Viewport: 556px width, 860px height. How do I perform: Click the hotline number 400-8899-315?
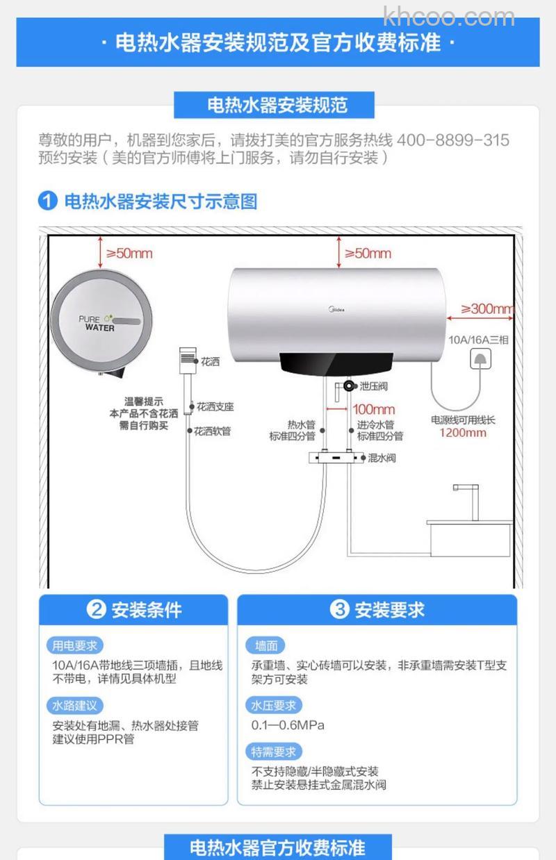coord(452,140)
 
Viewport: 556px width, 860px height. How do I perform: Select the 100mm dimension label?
coord(374,409)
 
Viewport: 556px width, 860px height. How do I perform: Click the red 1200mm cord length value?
coord(463,433)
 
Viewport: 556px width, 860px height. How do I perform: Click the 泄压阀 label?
coord(373,386)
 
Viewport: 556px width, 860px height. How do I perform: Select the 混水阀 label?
coord(382,458)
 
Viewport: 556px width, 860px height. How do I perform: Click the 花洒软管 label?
coord(213,431)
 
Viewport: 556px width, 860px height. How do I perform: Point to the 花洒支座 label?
coord(215,407)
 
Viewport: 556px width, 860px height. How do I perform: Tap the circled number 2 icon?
coord(96,610)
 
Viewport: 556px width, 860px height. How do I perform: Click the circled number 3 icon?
coord(339,610)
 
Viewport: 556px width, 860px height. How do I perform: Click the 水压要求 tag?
coord(274,706)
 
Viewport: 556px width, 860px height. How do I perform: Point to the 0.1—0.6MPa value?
coord(288,725)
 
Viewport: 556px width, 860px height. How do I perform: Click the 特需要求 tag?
coord(274,752)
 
